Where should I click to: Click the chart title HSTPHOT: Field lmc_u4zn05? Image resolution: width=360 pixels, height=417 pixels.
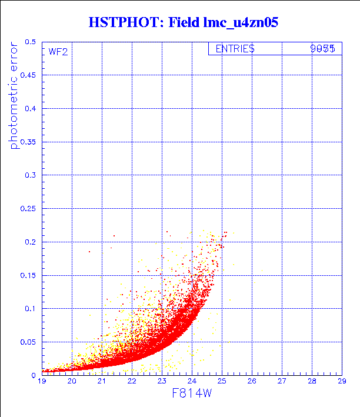183,22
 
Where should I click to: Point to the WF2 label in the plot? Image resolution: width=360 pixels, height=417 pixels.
58,51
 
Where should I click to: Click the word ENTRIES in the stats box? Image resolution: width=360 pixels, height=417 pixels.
235,49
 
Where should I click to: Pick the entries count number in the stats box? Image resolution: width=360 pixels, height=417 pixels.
322,49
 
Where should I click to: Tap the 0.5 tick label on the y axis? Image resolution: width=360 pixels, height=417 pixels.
30,42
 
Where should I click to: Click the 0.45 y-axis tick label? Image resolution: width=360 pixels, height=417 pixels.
28,75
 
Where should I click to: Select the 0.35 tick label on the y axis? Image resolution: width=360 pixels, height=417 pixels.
28,142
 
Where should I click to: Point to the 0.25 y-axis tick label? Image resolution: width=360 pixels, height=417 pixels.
28,208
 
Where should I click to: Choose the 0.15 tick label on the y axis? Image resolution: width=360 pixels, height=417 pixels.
28,275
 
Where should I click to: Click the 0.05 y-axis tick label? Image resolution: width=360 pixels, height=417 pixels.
28,341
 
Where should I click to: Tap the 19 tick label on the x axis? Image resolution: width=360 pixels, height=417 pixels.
42,382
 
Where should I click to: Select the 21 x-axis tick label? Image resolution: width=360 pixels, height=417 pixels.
102,382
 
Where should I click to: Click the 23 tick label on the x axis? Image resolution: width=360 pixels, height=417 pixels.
162,382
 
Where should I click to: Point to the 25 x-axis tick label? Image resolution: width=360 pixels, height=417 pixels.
222,382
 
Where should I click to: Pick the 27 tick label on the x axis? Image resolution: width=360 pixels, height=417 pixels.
282,382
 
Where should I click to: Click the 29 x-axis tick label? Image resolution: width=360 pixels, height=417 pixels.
341,382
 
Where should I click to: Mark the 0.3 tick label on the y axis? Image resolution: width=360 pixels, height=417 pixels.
30,175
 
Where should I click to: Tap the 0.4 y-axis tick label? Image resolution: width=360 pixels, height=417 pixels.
30,109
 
